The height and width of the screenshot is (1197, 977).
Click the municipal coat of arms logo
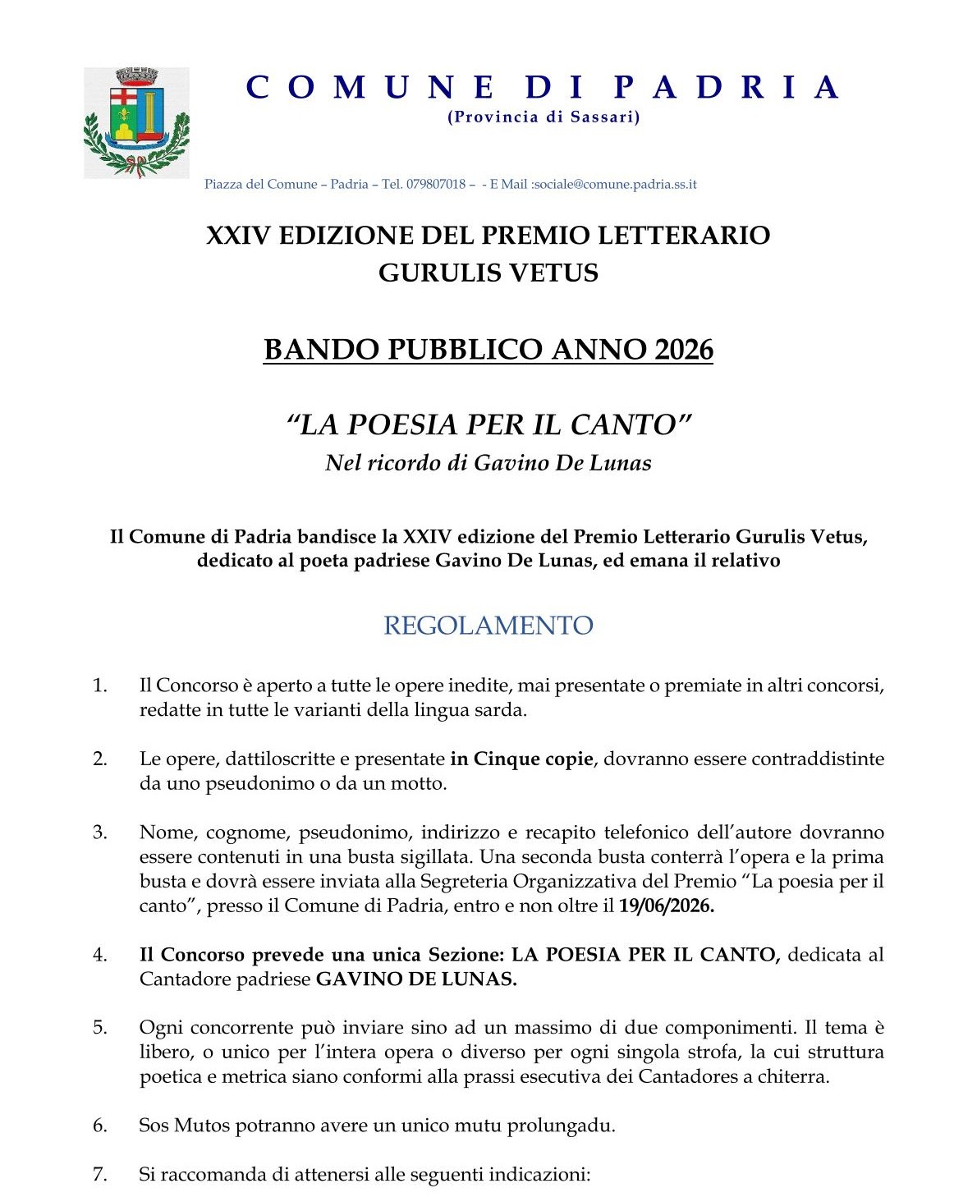tap(136, 123)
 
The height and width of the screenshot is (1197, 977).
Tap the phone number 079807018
tap(435, 185)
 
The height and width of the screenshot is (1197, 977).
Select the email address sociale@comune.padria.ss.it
tap(615, 185)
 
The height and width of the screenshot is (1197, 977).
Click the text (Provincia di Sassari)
tap(544, 117)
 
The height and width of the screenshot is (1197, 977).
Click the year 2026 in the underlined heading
tap(685, 351)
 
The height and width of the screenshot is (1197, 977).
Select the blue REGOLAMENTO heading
tap(488, 626)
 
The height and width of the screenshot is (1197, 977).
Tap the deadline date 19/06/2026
tap(667, 906)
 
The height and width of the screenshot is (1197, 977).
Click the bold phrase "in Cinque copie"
tap(521, 759)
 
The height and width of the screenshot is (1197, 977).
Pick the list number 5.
tap(100, 1028)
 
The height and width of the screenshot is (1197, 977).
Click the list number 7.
tap(100, 1175)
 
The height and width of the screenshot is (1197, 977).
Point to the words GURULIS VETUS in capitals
tap(488, 273)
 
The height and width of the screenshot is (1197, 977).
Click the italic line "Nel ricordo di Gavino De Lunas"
tap(488, 463)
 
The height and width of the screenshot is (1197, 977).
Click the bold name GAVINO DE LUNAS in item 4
tap(416, 979)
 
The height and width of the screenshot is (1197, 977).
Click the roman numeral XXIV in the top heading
tap(238, 236)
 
